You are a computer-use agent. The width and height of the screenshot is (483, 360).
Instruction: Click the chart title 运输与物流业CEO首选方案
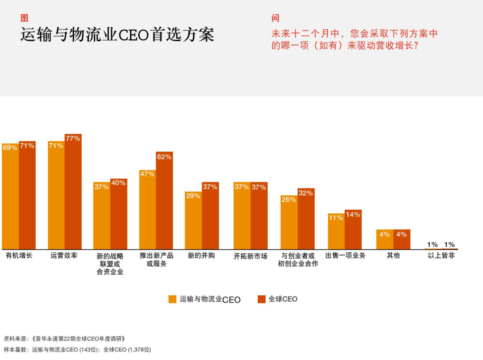117,34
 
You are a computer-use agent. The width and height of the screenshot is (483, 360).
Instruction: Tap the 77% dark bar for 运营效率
73,191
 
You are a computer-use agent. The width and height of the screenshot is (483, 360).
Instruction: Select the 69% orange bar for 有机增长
10,196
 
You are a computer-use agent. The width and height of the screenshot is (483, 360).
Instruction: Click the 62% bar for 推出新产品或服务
164,200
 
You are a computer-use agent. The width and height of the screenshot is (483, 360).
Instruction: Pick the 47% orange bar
148,210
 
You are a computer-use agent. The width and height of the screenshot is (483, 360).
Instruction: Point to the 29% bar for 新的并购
193,220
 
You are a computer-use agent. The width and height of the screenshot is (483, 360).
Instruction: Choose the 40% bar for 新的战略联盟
119,214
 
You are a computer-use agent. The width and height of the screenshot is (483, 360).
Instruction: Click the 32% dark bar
306,219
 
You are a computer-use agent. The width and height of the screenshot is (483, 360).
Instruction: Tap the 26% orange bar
289,222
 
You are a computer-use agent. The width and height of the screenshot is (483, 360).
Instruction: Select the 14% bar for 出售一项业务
353,229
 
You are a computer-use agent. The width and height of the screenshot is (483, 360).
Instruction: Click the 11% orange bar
336,231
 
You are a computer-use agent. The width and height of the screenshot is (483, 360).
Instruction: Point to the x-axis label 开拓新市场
250,256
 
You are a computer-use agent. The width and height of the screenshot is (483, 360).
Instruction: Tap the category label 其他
394,256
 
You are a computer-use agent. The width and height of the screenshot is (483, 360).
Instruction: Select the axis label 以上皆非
441,256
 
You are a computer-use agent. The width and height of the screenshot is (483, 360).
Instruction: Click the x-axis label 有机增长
19,256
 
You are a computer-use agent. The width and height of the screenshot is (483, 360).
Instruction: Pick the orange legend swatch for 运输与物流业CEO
173,299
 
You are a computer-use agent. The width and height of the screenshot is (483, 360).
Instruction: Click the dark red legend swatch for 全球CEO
262,299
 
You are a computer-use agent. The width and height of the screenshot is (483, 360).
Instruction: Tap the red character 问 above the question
275,18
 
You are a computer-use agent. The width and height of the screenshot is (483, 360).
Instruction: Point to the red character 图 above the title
24,18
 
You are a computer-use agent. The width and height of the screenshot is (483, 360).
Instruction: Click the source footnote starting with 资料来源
64,339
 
